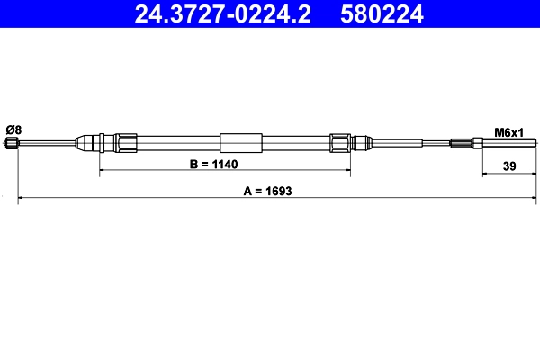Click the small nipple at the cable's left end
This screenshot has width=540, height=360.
pyautogui.click(x=13, y=142)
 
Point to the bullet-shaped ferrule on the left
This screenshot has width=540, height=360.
pyautogui.click(x=87, y=142)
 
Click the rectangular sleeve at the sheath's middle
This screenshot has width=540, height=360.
pyautogui.click(x=241, y=142)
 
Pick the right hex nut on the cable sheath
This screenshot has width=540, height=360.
pyautogui.click(x=339, y=142)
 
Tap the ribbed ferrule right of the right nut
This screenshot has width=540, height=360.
pyautogui.click(x=362, y=142)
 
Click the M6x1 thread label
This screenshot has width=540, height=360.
pyautogui.click(x=509, y=131)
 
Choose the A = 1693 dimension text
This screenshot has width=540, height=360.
pyautogui.click(x=268, y=191)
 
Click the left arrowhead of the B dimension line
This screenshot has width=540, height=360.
pyautogui.click(x=101, y=170)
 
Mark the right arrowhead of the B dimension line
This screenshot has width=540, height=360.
pyautogui.click(x=347, y=170)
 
